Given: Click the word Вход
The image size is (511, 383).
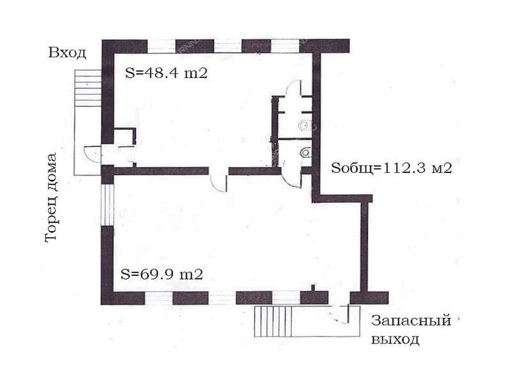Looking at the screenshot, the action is (x=67, y=53).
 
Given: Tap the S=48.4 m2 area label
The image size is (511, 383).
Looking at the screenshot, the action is (x=166, y=73).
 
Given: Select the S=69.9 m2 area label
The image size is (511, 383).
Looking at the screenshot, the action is (x=162, y=274).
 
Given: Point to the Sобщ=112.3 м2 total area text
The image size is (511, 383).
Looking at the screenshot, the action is (x=392, y=168).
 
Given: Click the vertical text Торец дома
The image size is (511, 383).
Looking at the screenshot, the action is (x=50, y=198).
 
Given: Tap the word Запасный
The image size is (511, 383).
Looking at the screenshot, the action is (x=411, y=320).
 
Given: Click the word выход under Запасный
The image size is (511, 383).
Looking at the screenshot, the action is (x=395, y=340).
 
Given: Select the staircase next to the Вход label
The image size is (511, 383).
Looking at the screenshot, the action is (x=88, y=87).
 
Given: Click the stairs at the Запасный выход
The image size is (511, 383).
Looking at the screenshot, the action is (x=273, y=321).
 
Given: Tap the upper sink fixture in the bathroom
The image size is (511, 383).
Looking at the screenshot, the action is (x=305, y=125).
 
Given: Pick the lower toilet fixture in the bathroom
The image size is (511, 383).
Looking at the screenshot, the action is (x=306, y=152).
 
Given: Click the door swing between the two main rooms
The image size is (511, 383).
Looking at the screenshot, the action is (x=218, y=183).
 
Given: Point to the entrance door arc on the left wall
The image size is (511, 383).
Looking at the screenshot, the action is (x=93, y=154).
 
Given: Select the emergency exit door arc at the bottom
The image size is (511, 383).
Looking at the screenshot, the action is (x=342, y=315).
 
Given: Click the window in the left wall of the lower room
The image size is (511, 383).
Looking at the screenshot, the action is (x=107, y=204).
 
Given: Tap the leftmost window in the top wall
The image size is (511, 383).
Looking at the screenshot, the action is (x=162, y=46).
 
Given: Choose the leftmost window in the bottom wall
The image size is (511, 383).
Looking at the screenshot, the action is (x=158, y=298).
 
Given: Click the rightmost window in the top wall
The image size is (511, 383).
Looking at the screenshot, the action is (x=285, y=46).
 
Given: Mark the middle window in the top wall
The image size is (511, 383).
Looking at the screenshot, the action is (x=227, y=46).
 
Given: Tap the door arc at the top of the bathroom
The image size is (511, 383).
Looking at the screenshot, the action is (x=293, y=89).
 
